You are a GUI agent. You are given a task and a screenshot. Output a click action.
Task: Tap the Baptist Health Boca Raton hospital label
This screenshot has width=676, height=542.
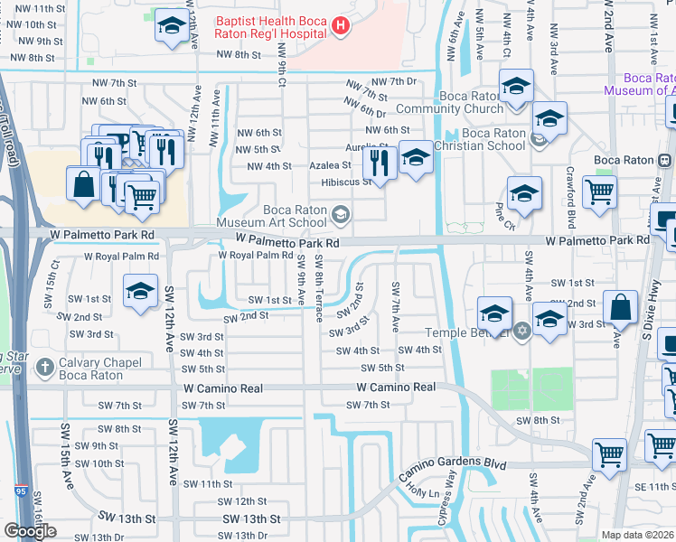pyautogui.click(x=270, y=26)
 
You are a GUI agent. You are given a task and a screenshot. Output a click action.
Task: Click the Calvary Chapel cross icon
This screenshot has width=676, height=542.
pyautogui.click(x=46, y=368)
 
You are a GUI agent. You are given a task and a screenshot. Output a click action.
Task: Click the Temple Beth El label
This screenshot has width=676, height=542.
pyautogui.click(x=474, y=332)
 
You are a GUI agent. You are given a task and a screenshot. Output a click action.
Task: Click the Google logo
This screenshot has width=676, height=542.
pyautogui.click(x=30, y=530)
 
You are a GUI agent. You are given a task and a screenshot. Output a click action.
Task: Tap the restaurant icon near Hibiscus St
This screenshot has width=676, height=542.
pyautogui.click(x=378, y=164)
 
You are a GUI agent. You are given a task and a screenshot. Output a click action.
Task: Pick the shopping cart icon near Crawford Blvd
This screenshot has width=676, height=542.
pyautogui.click(x=598, y=192)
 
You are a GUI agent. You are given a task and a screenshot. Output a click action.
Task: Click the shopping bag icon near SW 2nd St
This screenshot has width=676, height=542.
pyautogui.click(x=623, y=308)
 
